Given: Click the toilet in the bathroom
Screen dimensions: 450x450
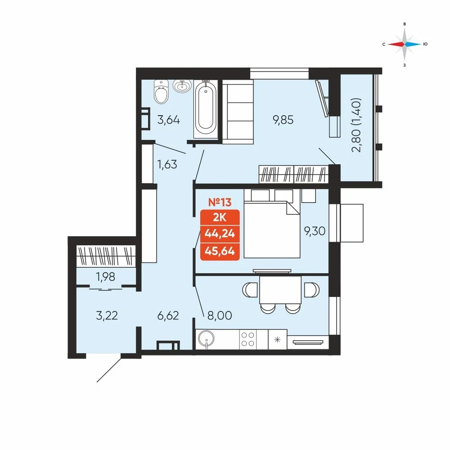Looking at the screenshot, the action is coord(161,91).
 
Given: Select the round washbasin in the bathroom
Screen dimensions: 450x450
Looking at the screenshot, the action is coord(182,85).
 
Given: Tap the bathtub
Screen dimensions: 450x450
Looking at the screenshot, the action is coord(206,108).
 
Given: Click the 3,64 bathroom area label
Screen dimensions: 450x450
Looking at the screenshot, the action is coord(169,119).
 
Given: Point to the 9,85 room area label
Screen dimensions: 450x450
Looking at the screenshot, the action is coord(283,120).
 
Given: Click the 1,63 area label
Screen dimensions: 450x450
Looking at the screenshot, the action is coord(167,164).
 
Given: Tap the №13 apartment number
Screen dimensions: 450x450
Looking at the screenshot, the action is coord(220,202).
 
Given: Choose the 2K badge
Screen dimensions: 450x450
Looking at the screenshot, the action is coord(220,217).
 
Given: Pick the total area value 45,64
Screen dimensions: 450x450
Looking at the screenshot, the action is coord(220,251).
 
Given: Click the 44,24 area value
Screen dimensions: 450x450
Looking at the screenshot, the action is coord(220,234).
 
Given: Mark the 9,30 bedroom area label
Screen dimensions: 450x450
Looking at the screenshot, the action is coord(315,231).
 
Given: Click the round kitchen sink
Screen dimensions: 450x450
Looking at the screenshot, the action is coord(206,339).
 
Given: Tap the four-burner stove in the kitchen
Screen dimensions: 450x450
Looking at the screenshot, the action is coord(248,339).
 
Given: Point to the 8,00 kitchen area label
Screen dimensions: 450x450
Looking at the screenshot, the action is coord(220,315).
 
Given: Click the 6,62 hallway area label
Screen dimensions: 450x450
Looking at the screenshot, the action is coord(168,315).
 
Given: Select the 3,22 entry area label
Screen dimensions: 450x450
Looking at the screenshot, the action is coord(107,315).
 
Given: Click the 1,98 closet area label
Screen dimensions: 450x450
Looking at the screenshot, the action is coord(106,277).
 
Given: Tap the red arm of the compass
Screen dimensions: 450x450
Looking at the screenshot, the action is coord(396,44).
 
